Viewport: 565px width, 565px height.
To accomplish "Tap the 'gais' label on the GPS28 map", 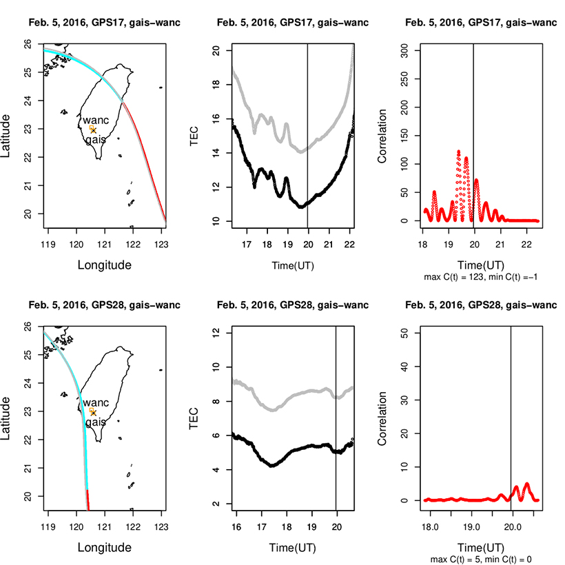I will point(96,422).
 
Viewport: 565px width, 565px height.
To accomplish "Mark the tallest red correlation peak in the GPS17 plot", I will point(459,152).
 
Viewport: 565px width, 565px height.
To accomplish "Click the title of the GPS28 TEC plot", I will point(293,305).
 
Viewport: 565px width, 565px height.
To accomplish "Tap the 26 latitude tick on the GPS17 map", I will point(29,43).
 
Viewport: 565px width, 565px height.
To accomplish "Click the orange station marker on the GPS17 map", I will point(92,128).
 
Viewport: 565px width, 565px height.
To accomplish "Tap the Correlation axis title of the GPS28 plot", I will point(382,418).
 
